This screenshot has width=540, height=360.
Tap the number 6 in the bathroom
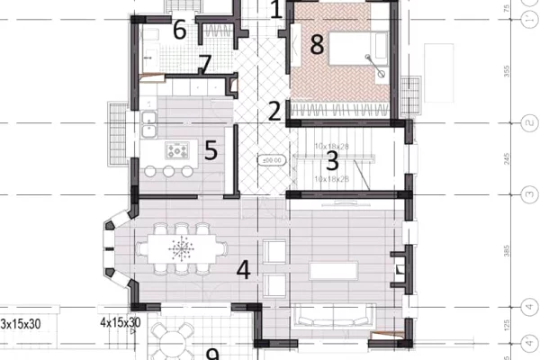[x=179, y=31]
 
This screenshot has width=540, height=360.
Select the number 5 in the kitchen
[x=211, y=149]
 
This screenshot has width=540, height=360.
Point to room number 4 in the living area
[x=242, y=269]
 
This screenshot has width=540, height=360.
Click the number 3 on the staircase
[x=331, y=162]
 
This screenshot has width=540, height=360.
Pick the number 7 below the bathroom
[x=205, y=66]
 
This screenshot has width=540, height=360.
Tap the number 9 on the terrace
[x=213, y=355]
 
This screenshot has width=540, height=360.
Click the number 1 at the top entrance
[x=275, y=11]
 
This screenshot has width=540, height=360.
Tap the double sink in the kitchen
[x=148, y=122]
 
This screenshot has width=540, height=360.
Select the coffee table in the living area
[x=334, y=269]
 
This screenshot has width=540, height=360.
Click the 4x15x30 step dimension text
[x=120, y=321]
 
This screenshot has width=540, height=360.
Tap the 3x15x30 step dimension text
[x=20, y=321]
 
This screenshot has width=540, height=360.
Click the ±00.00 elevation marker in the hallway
[x=269, y=160]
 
